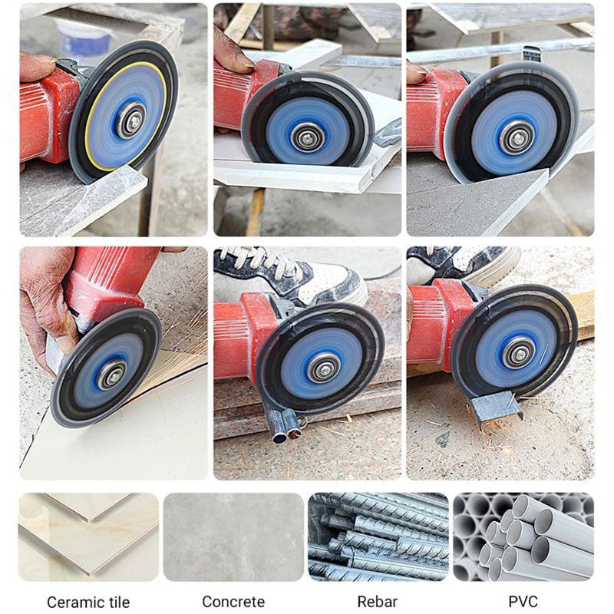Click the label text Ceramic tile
coord(88,602)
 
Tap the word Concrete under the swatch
coord(233,602)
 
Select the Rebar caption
coord(378,602)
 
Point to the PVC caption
coord(523,602)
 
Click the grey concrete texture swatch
coord(233,536)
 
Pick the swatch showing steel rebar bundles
coord(378,536)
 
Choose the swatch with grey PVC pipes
coord(523,536)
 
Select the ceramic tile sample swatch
coord(88,536)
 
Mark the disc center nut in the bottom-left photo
coord(112,374)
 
